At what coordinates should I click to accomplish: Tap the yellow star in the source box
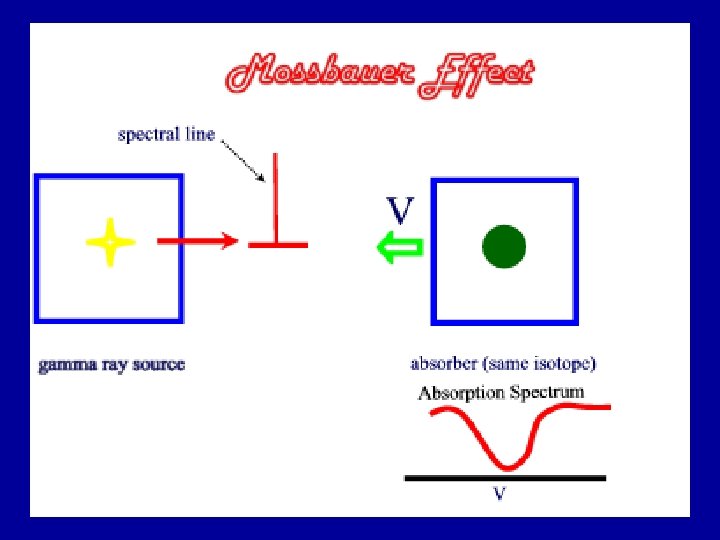click(110, 243)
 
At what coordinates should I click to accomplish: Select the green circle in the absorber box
click(504, 247)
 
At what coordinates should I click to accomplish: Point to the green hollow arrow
click(399, 247)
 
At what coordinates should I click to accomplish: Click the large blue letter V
click(400, 210)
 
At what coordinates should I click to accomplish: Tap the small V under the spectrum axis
click(499, 494)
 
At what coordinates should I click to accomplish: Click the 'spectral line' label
click(166, 134)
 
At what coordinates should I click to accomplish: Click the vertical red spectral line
click(274, 195)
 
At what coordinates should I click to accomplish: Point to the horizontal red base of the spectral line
click(278, 243)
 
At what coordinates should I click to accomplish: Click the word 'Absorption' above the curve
click(462, 392)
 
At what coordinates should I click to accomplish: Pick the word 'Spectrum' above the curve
click(547, 392)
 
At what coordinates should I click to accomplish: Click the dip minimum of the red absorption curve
click(508, 466)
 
